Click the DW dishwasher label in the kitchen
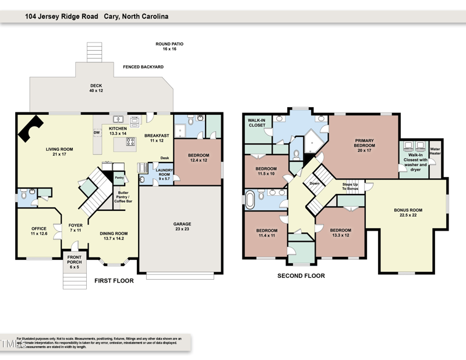(x=97, y=132)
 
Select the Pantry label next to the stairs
(x=119, y=178)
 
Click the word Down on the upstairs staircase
(x=315, y=183)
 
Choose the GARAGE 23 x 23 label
(x=182, y=227)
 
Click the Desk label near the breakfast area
(x=165, y=158)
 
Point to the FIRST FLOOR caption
(x=114, y=281)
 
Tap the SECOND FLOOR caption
(x=301, y=276)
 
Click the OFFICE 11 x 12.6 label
(x=39, y=231)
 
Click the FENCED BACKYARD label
(x=143, y=67)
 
